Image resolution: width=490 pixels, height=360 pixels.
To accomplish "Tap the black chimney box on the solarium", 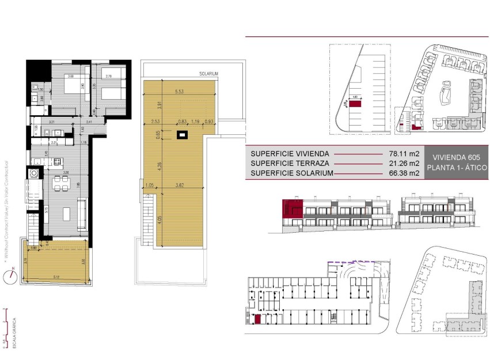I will click(183, 135).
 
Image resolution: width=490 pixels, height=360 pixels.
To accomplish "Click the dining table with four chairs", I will click(59, 184).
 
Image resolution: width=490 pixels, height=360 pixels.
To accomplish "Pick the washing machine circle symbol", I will click(33, 172).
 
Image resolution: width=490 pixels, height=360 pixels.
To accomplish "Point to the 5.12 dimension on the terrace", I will click(55, 277).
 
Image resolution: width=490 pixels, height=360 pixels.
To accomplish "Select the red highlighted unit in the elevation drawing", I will click(292, 209).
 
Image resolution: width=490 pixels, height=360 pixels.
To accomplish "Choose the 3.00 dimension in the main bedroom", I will click(70, 77).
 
